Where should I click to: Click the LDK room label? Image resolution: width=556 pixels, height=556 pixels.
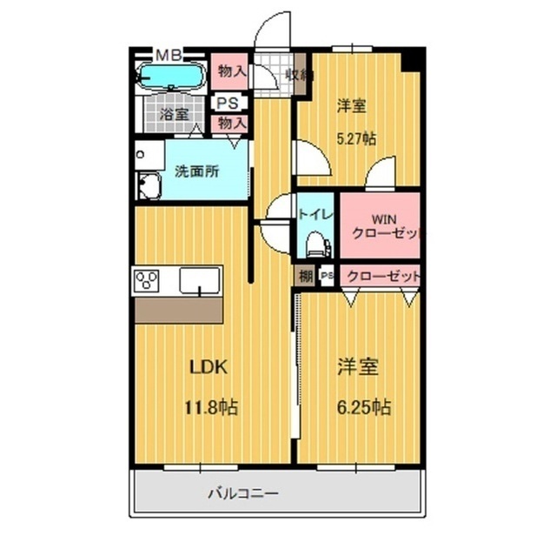(x=208, y=367)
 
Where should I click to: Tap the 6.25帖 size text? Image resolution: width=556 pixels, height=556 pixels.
(x=359, y=406)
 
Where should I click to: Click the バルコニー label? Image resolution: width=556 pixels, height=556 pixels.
(x=242, y=493)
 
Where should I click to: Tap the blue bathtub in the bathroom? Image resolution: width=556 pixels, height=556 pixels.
(x=171, y=77)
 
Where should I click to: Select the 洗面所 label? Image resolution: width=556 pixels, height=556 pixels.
(x=199, y=171)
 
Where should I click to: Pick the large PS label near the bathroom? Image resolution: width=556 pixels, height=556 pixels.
(x=228, y=103)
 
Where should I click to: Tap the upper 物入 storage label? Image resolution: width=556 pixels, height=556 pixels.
(x=230, y=71)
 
